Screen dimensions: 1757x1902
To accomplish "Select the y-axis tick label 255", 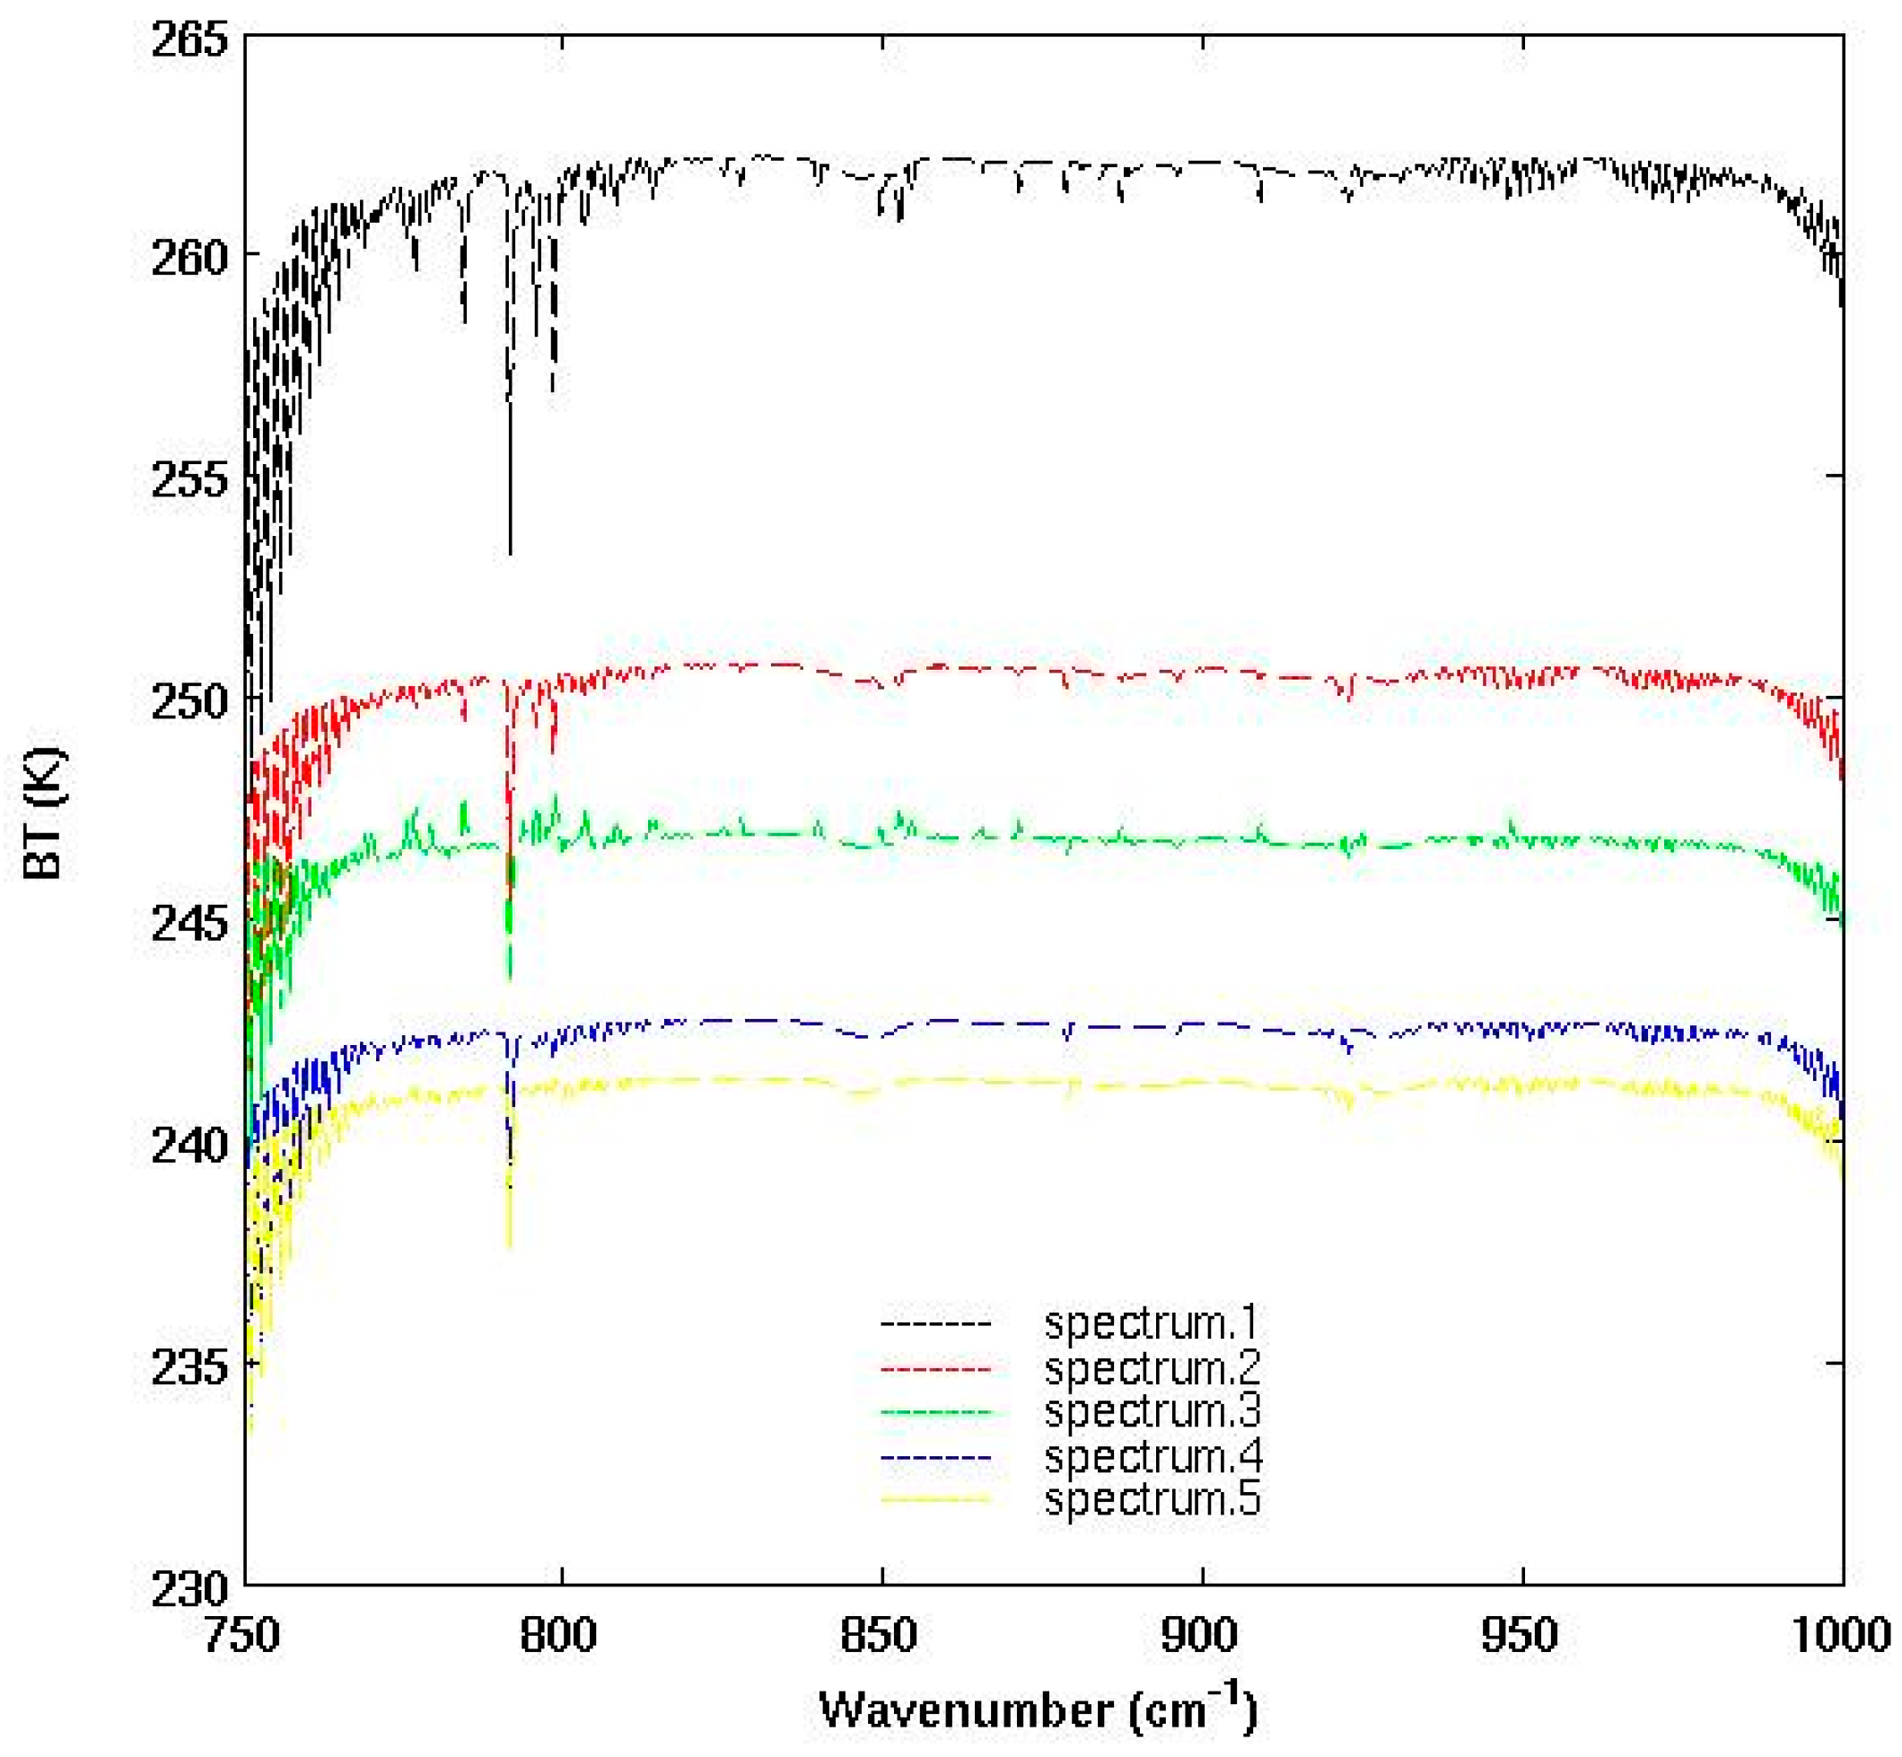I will [190, 479].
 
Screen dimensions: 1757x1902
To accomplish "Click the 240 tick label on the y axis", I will [190, 1145].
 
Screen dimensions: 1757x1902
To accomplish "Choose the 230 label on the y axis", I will [190, 1589].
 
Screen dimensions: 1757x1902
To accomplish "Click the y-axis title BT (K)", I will [45, 813].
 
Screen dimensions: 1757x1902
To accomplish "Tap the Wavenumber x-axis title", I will [1038, 1709].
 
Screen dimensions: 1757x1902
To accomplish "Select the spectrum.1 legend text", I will [1151, 1322].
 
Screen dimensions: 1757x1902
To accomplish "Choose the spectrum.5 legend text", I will [1151, 1499].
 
